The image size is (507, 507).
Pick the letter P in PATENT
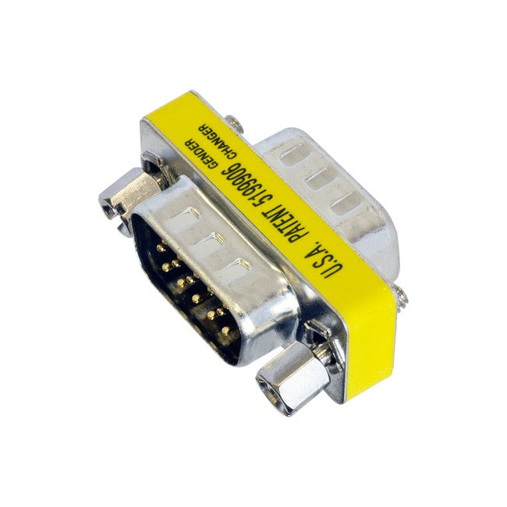tap(307, 243)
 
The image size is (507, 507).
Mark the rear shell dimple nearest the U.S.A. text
tap(348, 205)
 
